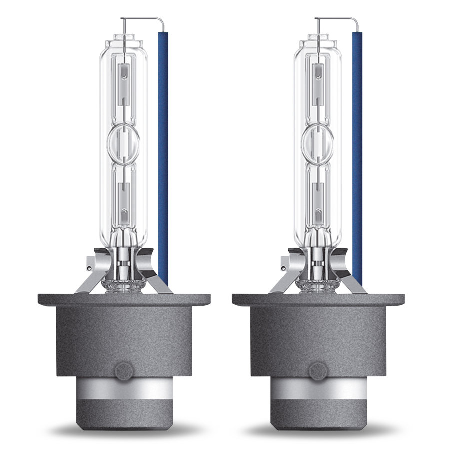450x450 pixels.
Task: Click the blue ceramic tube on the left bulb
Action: tap(163, 150)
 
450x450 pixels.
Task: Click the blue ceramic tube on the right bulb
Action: tap(357, 150)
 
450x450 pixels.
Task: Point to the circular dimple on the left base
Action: tap(123, 370)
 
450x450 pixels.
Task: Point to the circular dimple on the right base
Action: tap(317, 370)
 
